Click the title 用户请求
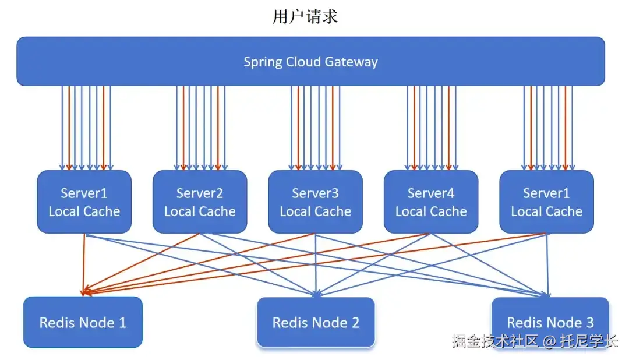click(x=305, y=16)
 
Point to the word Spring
click(x=263, y=62)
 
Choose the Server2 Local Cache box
click(x=199, y=202)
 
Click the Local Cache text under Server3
click(x=315, y=211)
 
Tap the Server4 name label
click(x=430, y=193)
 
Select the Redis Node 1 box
click(x=83, y=322)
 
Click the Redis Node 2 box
click(x=316, y=322)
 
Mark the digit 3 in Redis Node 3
click(x=589, y=323)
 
